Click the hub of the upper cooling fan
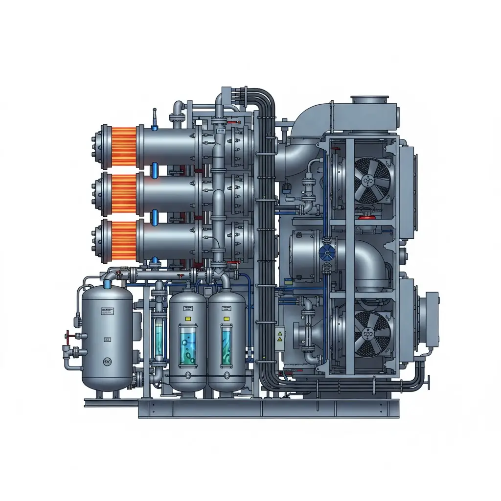(x=367, y=181)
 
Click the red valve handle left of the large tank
(x=68, y=336)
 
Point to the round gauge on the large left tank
(x=107, y=362)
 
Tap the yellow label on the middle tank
(x=186, y=318)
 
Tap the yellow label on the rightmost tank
(x=226, y=318)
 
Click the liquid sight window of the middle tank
(x=187, y=346)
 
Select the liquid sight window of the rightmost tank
(x=226, y=346)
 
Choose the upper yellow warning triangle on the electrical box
(x=280, y=332)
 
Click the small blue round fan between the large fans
(x=326, y=253)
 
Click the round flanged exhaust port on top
(x=369, y=100)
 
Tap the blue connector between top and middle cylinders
(x=155, y=170)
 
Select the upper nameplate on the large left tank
(x=107, y=310)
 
